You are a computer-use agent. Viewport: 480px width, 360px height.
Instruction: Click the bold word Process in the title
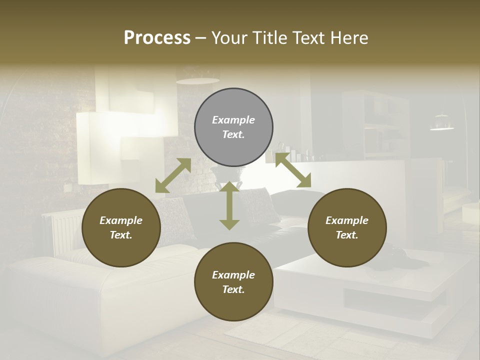coord(157,38)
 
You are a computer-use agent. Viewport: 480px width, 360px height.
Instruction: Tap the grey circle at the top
coord(233,127)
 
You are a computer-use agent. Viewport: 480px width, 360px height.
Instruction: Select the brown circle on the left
coord(121,227)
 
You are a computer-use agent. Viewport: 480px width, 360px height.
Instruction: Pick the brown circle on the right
coord(347,227)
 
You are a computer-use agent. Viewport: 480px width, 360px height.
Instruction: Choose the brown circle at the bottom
coord(233,281)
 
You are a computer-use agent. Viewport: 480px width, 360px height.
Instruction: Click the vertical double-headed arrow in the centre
coord(229,205)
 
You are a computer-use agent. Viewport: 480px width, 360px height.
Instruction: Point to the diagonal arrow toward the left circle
coord(173,175)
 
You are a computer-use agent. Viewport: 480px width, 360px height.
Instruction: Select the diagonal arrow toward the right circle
coord(293,170)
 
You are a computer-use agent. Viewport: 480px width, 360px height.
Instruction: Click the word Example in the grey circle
coord(233,120)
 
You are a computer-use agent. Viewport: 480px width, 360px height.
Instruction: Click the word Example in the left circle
coord(121,220)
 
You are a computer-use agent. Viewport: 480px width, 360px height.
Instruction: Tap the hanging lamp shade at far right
coord(442,123)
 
